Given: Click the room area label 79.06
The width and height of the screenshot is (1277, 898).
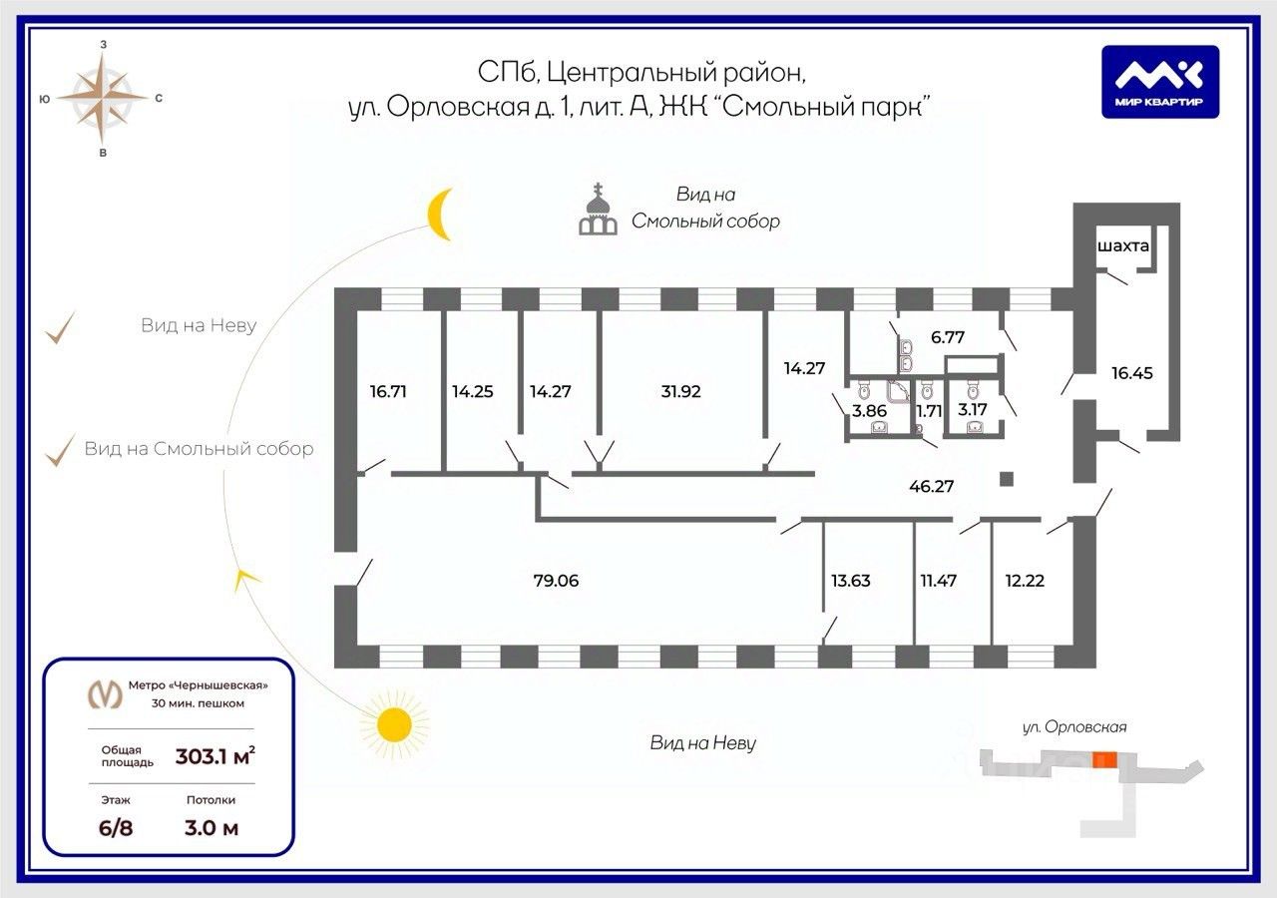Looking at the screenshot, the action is point(556,581).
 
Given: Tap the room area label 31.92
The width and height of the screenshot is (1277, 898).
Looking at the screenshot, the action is point(680,391).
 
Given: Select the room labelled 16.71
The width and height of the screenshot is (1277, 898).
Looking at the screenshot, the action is point(388,391).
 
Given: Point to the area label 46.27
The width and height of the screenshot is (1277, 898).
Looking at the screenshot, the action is point(931,486).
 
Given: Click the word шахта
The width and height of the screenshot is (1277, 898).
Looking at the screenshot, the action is point(1123,245).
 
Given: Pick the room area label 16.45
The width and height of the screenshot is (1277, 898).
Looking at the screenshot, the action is point(1131,373).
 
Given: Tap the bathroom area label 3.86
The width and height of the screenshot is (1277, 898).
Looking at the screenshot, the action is point(869,410).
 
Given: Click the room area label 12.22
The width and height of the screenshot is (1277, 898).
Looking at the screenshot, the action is point(1025,581).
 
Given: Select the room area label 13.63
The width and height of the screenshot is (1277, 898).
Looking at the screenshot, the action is point(851,581).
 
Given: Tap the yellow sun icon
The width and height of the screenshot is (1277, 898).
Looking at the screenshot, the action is point(393,724).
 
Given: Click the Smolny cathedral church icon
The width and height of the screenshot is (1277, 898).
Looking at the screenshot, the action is point(598,210).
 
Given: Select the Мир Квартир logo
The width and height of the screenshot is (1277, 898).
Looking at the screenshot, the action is point(1160,82).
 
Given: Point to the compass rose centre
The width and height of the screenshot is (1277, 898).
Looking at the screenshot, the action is point(103,98).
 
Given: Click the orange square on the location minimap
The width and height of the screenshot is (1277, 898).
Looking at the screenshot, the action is point(1103,760).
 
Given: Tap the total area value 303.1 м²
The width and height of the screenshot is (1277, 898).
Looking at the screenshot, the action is point(214,756).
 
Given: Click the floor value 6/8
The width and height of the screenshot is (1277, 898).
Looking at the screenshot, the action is point(116,828).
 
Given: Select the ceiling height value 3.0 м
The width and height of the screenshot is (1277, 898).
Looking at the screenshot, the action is point(211,828).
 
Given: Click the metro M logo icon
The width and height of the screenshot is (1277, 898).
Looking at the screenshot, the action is point(105,693).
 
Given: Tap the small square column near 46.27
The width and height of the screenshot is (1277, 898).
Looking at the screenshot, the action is point(1007,478).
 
